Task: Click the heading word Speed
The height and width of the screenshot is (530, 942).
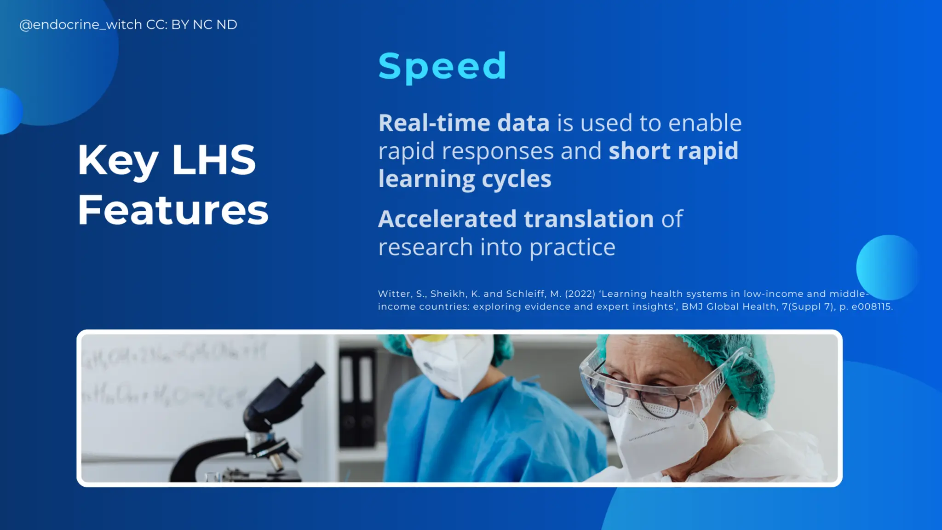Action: (442, 66)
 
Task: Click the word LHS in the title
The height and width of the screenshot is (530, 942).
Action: (213, 160)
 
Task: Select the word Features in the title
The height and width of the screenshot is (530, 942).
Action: (172, 210)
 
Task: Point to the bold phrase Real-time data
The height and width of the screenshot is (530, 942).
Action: (464, 123)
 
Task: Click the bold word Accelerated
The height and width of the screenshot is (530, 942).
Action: (447, 219)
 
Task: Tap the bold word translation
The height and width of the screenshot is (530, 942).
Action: (589, 219)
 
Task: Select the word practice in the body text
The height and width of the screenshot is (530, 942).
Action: (572, 248)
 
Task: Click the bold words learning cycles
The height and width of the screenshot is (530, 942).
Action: (465, 179)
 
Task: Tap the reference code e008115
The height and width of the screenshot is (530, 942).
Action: (871, 307)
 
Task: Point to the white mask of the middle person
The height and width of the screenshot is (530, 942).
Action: (453, 363)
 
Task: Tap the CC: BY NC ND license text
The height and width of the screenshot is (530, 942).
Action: (191, 25)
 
